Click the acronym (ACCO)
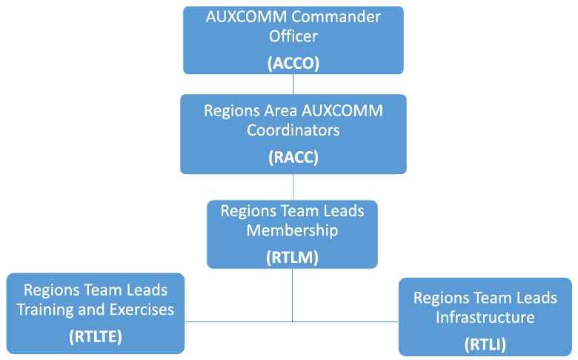pyautogui.click(x=293, y=63)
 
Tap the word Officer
pyautogui.click(x=293, y=36)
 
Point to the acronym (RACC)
pyautogui.click(x=293, y=158)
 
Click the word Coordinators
pyautogui.click(x=293, y=130)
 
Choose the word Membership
pyautogui.click(x=292, y=230)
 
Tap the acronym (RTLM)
pyautogui.click(x=292, y=258)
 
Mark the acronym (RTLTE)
pyautogui.click(x=95, y=337)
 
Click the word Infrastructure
pyautogui.click(x=485, y=318)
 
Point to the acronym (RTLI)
pyautogui.click(x=485, y=344)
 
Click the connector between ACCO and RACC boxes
pyautogui.click(x=293, y=84)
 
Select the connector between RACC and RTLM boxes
pyautogui.click(x=293, y=187)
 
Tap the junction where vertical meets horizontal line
pyautogui.click(x=292, y=321)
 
